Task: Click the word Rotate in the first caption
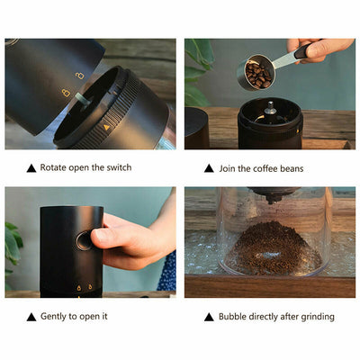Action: [x=53, y=167]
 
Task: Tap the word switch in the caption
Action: [x=120, y=167]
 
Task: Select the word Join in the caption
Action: [x=227, y=168]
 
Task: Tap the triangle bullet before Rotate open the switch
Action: [x=31, y=168]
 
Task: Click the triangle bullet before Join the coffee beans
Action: [x=209, y=168]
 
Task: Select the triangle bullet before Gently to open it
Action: [x=31, y=317]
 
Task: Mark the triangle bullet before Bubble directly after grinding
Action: [x=209, y=317]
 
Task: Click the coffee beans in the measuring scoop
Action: [x=258, y=75]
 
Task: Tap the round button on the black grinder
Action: [x=84, y=240]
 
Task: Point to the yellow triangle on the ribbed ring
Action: [x=106, y=127]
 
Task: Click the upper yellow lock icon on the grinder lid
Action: [x=80, y=76]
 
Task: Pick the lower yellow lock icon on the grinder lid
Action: [x=66, y=93]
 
